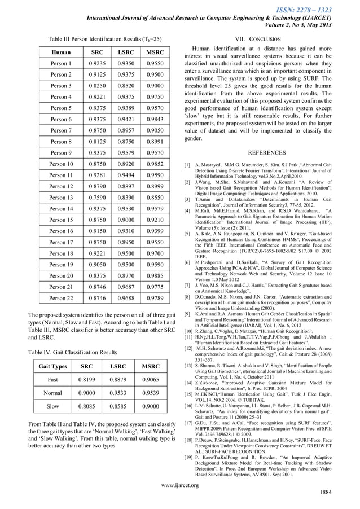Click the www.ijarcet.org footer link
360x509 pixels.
(179, 484)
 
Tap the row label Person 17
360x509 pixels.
(62, 242)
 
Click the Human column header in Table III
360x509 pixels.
(61, 52)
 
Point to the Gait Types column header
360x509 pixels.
(52, 366)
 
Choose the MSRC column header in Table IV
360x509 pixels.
(154, 366)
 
